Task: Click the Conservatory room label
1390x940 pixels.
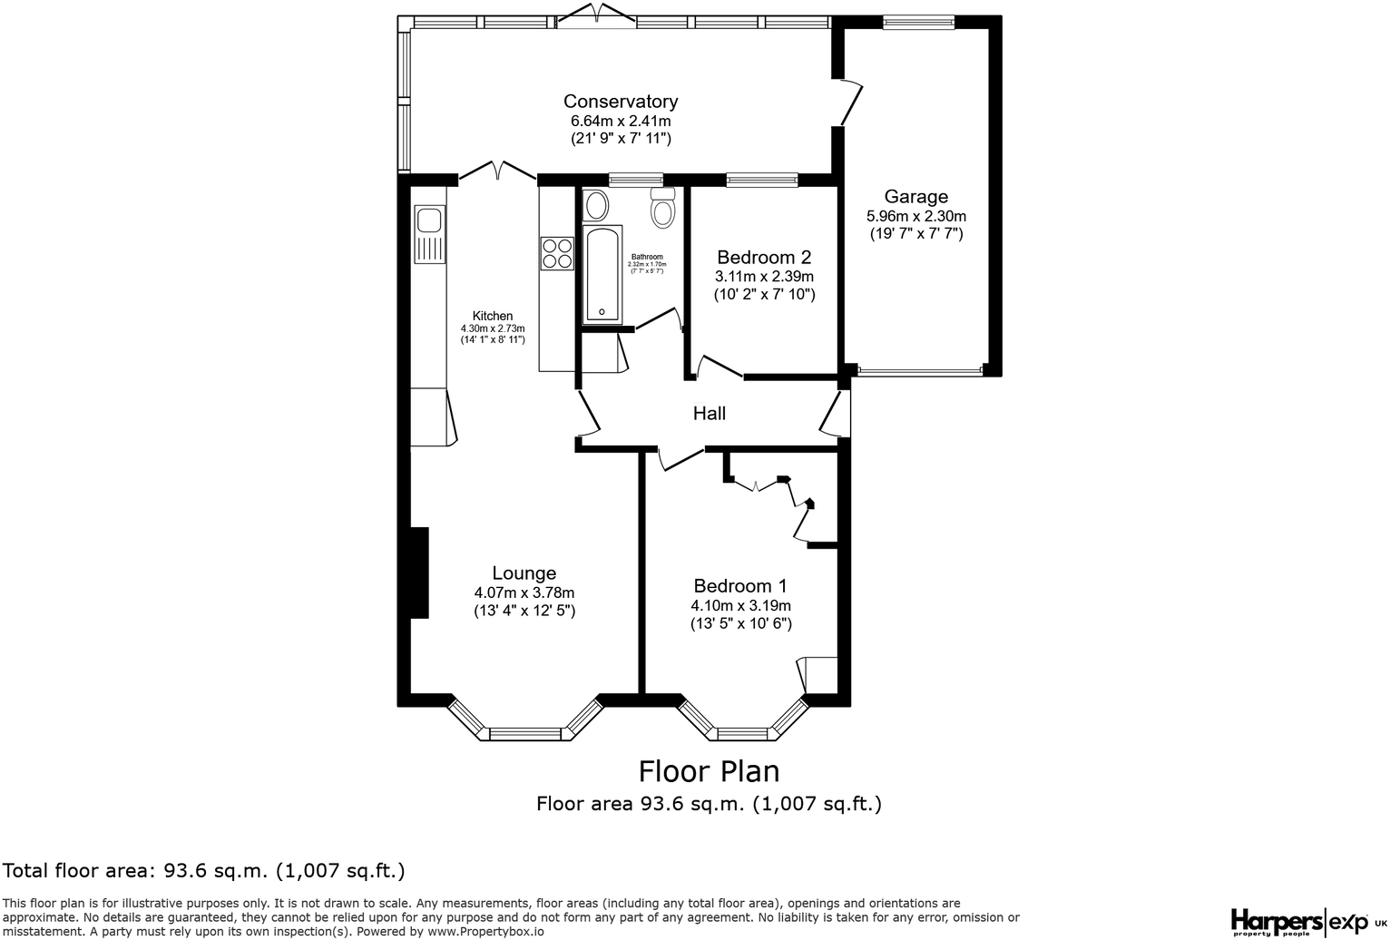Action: click(620, 102)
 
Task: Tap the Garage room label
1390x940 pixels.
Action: click(915, 197)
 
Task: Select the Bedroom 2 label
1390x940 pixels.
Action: click(763, 258)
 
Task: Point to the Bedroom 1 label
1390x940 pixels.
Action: click(739, 586)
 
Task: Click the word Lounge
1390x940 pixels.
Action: click(524, 573)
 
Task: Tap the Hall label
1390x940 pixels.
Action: click(709, 414)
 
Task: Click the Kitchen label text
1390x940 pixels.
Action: click(492, 316)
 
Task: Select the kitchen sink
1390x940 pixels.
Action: click(428, 221)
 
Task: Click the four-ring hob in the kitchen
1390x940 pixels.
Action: click(556, 253)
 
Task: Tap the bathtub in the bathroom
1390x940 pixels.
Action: click(602, 274)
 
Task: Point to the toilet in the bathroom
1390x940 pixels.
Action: click(663, 208)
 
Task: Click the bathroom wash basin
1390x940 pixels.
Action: click(596, 206)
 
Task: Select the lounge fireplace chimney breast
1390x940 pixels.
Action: click(418, 573)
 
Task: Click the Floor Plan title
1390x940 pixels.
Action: click(709, 771)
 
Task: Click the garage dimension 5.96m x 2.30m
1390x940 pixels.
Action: click(915, 216)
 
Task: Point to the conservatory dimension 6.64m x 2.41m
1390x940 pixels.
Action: click(620, 121)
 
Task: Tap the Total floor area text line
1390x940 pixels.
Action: click(205, 871)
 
